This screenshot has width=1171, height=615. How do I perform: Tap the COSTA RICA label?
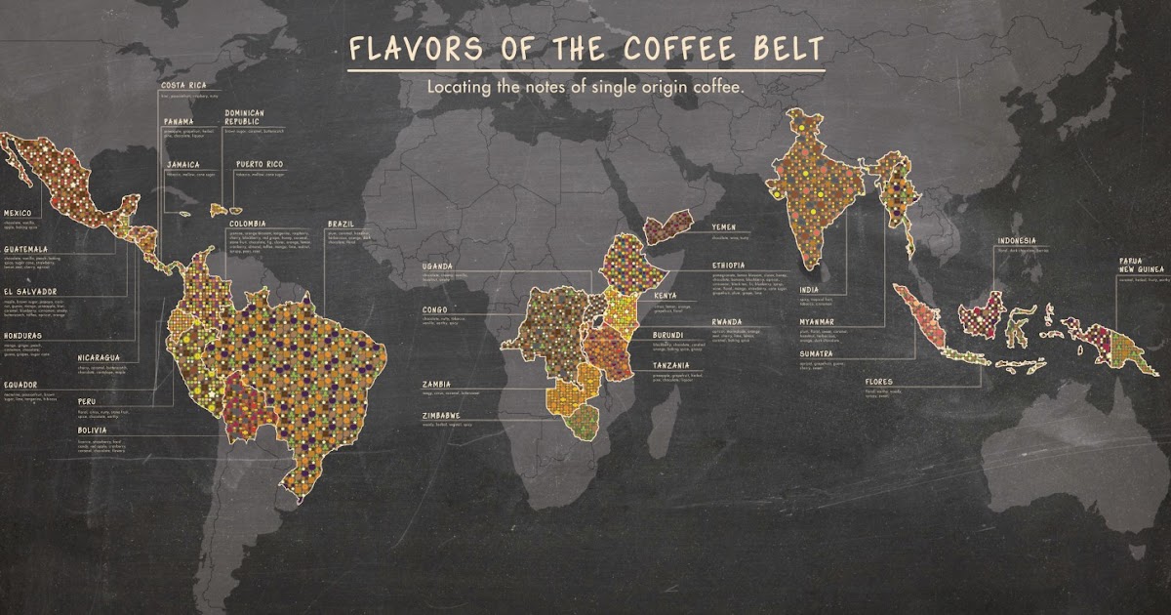pyautogui.click(x=182, y=86)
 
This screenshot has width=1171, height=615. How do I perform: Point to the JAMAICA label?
pyautogui.click(x=182, y=164)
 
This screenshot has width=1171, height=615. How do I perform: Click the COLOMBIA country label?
pyautogui.click(x=248, y=224)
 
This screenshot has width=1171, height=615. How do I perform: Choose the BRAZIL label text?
pyautogui.click(x=342, y=224)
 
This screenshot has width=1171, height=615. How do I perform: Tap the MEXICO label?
pyautogui.click(x=18, y=212)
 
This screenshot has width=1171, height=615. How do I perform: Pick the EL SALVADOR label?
pyautogui.click(x=30, y=291)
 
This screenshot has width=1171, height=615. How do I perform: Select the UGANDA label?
pyautogui.click(x=437, y=266)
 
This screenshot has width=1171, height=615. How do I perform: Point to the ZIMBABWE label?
pyautogui.click(x=442, y=415)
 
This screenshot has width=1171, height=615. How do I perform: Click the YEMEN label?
pyautogui.click(x=725, y=226)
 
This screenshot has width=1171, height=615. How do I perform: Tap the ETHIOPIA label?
pyautogui.click(x=729, y=265)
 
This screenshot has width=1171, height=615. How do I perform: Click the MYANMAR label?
pyautogui.click(x=817, y=320)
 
